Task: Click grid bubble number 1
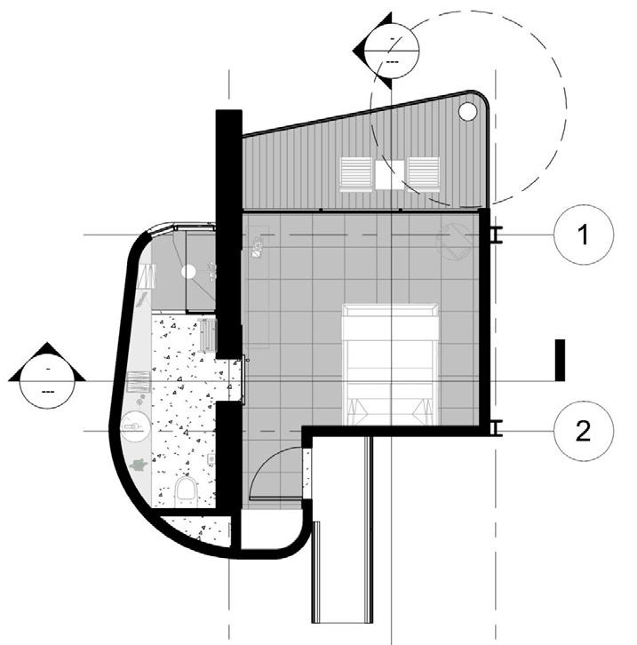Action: (x=583, y=235)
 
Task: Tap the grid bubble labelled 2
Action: (x=583, y=431)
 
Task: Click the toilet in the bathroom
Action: (x=186, y=490)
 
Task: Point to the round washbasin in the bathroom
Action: (x=136, y=427)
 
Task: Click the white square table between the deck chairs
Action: (x=389, y=173)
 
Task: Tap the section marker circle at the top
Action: (x=392, y=44)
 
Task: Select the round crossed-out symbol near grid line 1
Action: (x=454, y=239)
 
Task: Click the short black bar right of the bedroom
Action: (x=559, y=359)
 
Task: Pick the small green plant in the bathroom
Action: (x=138, y=464)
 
